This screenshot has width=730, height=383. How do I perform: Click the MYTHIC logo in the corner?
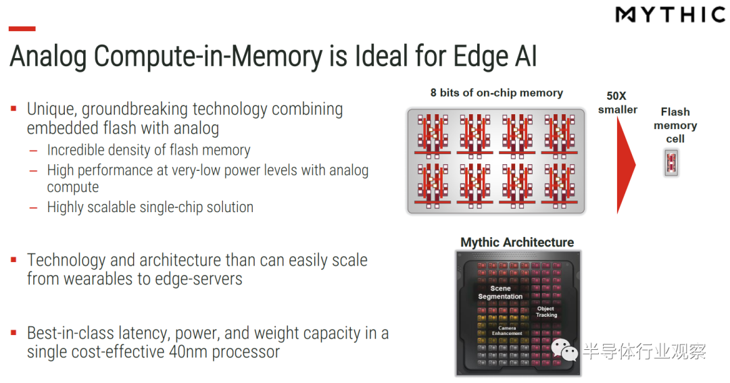pos(670,15)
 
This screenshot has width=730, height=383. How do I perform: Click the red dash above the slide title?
pos(22,29)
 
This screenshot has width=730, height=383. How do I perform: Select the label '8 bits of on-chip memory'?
pos(496,93)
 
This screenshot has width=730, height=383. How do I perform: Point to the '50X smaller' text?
pos(617,103)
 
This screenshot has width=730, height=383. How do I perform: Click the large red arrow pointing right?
pos(625,165)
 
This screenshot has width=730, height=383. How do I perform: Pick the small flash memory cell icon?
pos(671,163)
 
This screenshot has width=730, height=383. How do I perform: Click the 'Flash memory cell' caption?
pos(675,126)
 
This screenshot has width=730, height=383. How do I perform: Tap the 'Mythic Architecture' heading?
pos(517,242)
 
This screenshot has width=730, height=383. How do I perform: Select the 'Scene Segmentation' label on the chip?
pos(500,292)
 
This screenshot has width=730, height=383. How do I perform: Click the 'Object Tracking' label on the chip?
pos(546,311)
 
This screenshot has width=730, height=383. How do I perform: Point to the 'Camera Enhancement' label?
pos(507,330)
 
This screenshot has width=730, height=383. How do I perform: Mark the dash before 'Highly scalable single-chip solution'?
pos(33,207)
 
